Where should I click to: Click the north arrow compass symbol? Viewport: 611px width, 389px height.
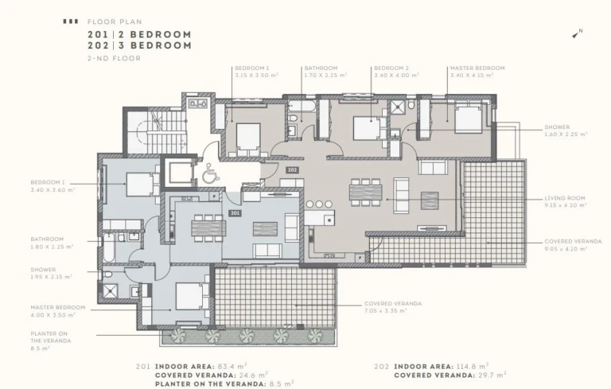578,33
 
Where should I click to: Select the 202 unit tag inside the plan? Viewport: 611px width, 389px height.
292,169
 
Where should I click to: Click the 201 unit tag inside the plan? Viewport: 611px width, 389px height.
235,212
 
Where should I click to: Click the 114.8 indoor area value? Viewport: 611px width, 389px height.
474,367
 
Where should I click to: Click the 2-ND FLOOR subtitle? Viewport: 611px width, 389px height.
115,58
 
